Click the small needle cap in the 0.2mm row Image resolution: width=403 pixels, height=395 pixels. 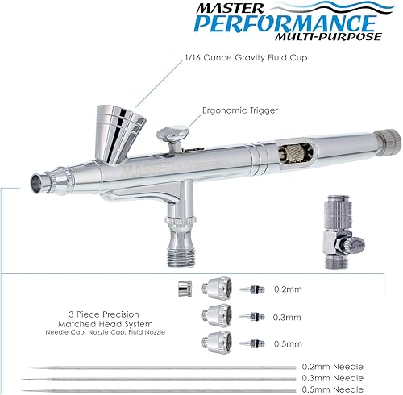pos(185,288)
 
